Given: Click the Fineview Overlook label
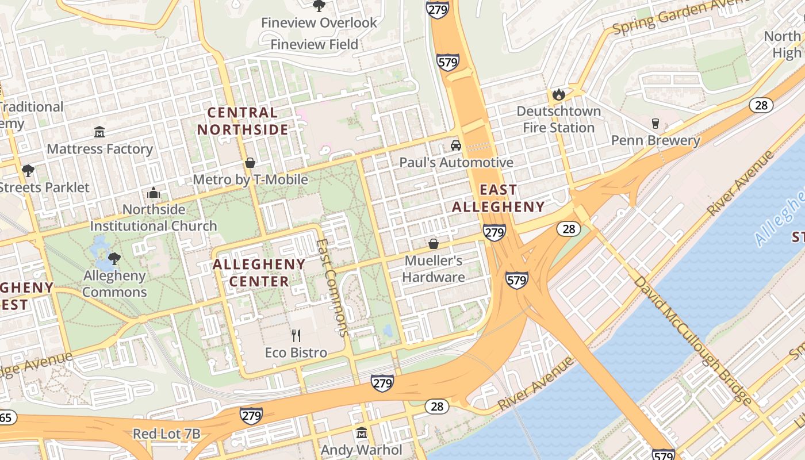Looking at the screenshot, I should tap(319, 23).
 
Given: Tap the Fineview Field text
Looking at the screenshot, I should tap(314, 44).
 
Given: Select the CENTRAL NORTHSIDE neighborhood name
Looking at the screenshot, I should tap(242, 121).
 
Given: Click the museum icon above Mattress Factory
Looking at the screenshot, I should tap(99, 132).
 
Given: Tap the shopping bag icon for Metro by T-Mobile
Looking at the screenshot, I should tap(250, 163).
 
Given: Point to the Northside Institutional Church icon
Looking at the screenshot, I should tap(154, 193).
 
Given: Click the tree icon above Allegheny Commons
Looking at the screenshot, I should tap(114, 258).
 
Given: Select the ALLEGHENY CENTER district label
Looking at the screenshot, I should tap(259, 273).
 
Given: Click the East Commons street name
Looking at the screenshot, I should tap(332, 287).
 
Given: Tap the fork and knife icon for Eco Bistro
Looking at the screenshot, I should tap(296, 336).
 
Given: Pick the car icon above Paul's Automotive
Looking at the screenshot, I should tap(456, 145).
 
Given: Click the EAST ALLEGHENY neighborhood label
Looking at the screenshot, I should tap(498, 198).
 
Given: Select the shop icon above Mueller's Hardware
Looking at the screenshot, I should tap(434, 244).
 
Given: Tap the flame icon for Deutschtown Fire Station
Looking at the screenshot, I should tap(558, 94).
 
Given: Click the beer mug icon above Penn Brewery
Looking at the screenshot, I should tap(655, 123).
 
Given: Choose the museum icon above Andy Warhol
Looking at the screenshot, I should tap(362, 432).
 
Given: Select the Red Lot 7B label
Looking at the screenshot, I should tap(166, 434).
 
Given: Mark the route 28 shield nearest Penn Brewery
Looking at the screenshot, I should tap(760, 105).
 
